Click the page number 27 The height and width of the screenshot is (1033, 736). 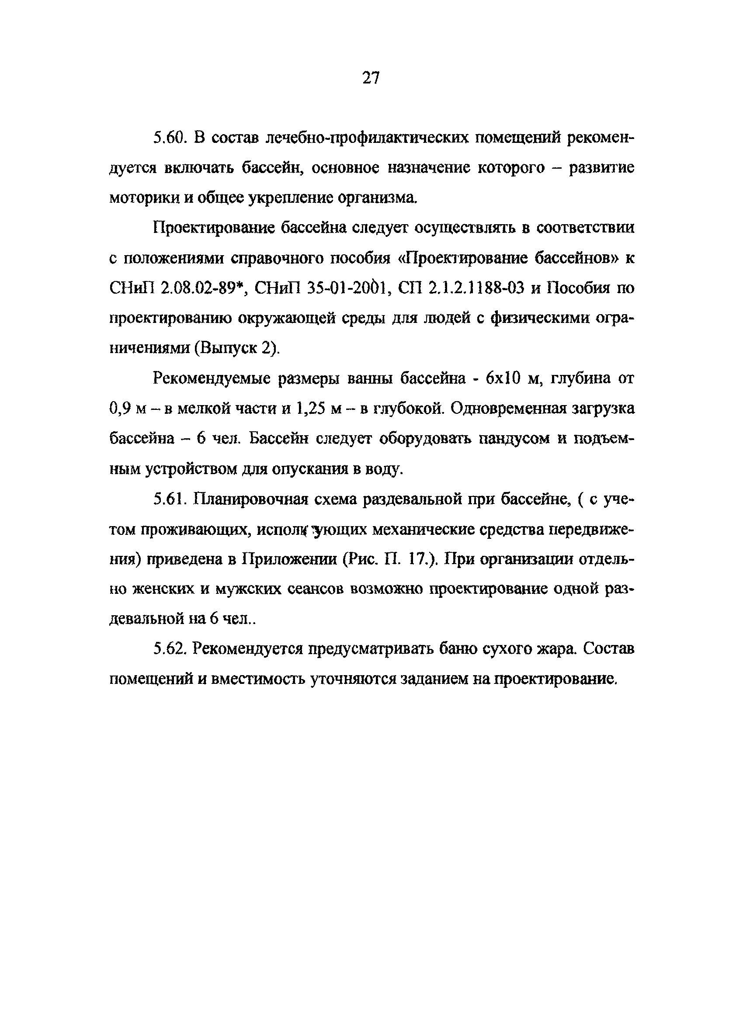point(370,78)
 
